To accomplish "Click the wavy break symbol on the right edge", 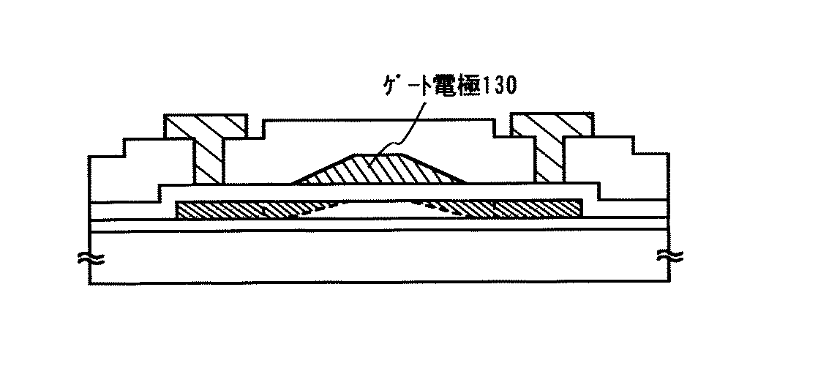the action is tap(669, 257).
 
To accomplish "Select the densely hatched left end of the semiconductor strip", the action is tap(219, 209).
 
